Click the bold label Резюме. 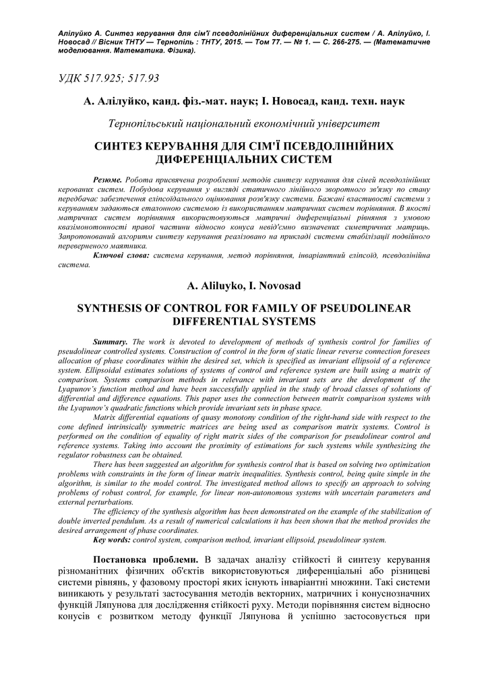click(107, 182)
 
